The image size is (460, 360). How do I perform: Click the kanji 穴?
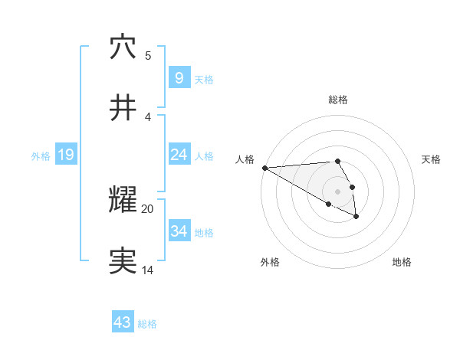click(123, 47)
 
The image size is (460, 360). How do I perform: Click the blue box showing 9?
click(179, 77)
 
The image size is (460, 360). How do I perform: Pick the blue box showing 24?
click(179, 155)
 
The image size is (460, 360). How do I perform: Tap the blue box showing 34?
click(179, 231)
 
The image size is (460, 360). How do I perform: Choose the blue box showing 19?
click(66, 155)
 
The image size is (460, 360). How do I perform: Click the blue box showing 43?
click(123, 322)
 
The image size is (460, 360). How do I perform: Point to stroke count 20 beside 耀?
click(148, 208)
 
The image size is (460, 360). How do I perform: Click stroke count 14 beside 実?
click(147, 270)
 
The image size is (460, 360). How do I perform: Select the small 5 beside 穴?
click(148, 55)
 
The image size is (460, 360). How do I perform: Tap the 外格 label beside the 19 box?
click(41, 155)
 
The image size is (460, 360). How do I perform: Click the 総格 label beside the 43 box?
click(147, 324)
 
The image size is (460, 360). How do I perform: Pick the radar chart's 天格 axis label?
click(431, 159)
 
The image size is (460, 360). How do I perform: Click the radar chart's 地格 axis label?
click(402, 262)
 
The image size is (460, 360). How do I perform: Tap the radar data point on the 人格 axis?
click(264, 168)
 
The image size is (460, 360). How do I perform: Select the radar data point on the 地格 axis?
click(356, 217)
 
